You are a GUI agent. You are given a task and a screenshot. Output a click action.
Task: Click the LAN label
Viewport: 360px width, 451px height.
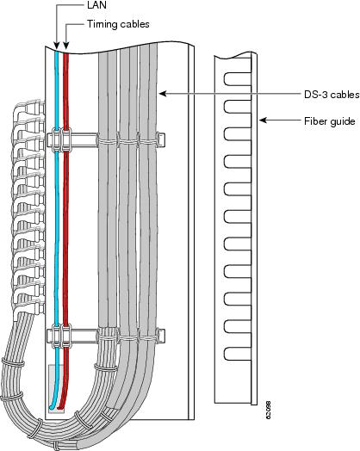[96, 5]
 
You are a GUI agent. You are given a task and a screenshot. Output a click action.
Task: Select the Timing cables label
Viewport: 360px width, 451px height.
[118, 24]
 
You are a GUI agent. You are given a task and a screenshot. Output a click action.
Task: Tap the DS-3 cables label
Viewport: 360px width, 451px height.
[332, 95]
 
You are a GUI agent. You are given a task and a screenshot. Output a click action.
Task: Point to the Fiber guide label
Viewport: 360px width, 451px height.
[330, 121]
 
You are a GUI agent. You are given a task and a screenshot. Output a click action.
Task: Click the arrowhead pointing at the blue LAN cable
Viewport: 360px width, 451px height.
[56, 46]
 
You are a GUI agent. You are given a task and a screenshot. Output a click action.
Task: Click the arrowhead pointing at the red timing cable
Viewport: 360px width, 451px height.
[66, 46]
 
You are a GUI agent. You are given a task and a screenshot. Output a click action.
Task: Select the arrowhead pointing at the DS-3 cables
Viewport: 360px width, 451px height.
[163, 94]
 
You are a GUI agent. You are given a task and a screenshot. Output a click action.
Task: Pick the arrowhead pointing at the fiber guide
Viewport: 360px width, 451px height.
[263, 120]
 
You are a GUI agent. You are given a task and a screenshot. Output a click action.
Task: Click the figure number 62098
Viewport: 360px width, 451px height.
[268, 410]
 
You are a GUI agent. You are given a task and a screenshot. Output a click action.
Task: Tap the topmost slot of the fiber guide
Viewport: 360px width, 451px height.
[238, 79]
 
